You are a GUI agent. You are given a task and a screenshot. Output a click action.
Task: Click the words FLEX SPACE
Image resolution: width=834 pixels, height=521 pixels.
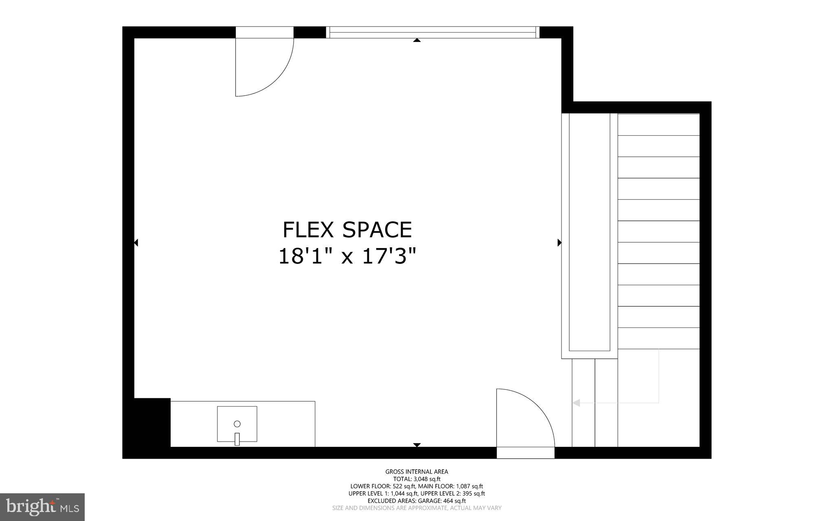click(x=347, y=230)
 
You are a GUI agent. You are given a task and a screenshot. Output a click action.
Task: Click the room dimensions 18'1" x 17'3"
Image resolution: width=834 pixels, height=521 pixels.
click(x=347, y=257)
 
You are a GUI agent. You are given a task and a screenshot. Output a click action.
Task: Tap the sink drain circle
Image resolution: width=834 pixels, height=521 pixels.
click(x=237, y=424)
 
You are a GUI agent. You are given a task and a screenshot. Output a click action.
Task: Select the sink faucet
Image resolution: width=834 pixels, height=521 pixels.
click(x=237, y=439)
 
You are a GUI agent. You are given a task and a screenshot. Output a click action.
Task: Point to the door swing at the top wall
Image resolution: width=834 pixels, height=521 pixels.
click(x=265, y=67)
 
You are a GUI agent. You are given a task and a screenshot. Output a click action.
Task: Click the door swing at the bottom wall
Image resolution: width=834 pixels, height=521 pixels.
click(x=525, y=418)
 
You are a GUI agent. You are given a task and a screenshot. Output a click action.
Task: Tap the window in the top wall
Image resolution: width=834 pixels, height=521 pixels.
click(x=432, y=33)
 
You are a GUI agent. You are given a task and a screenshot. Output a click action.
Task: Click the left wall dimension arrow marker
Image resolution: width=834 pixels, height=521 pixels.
click(x=136, y=243)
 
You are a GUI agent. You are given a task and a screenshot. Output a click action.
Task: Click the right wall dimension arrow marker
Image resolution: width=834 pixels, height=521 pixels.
click(x=559, y=243)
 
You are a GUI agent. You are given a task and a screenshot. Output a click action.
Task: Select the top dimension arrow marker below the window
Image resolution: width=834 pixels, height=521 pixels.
click(x=417, y=40)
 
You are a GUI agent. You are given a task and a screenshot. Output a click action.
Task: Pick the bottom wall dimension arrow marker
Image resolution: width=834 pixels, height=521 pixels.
click(x=417, y=445)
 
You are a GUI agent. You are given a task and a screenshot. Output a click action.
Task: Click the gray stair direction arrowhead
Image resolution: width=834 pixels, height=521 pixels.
click(x=576, y=403)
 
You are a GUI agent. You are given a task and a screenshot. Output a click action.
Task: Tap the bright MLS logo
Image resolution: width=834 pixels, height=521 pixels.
click(x=42, y=507)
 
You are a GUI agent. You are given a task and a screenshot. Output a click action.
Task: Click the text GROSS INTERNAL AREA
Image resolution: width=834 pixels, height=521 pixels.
click(x=417, y=472)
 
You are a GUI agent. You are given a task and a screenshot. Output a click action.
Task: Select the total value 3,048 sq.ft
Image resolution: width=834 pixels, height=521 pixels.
click(x=427, y=479)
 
